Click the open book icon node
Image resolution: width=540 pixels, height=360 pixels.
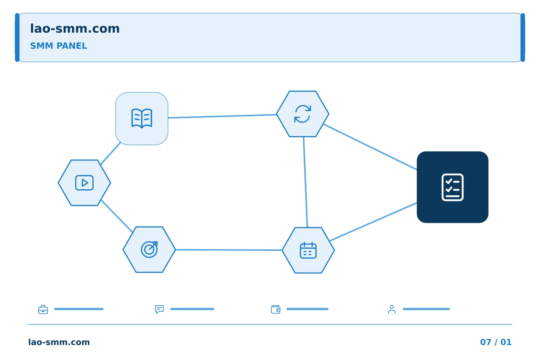pyautogui.click(x=142, y=118)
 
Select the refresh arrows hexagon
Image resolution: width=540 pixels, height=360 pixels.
pyautogui.click(x=303, y=114)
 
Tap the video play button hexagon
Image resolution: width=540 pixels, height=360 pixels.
pyautogui.click(x=84, y=183)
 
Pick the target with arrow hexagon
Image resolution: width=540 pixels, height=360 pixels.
pyautogui.click(x=149, y=250)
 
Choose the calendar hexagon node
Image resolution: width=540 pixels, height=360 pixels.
pyautogui.click(x=308, y=250)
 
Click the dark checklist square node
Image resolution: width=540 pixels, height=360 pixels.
pyautogui.click(x=453, y=187)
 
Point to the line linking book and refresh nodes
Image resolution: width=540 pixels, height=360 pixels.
pyautogui.click(x=222, y=116)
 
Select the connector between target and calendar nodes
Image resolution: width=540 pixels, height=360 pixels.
pyautogui.click(x=229, y=250)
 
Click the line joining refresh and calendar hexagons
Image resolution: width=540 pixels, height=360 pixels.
pyautogui.click(x=305, y=182)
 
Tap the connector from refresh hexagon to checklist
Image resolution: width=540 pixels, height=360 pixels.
pyautogui.click(x=370, y=147)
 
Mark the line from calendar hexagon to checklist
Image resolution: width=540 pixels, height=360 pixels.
pyautogui.click(x=373, y=222)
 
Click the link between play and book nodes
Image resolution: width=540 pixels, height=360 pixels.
pyautogui.click(x=111, y=154)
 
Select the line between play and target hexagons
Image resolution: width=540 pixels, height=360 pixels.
pyautogui.click(x=117, y=216)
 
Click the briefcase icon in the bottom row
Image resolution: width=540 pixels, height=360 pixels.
pyautogui.click(x=43, y=309)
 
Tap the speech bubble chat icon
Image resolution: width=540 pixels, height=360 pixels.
pyautogui.click(x=159, y=309)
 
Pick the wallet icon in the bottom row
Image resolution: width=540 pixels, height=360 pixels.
pyautogui.click(x=276, y=309)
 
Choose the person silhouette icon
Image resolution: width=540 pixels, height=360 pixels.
pyautogui.click(x=392, y=309)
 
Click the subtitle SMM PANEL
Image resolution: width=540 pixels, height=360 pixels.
pyautogui.click(x=58, y=46)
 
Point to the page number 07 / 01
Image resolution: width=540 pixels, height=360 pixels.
pyautogui.click(x=496, y=342)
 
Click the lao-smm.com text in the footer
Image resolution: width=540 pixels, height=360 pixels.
pyautogui.click(x=59, y=342)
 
